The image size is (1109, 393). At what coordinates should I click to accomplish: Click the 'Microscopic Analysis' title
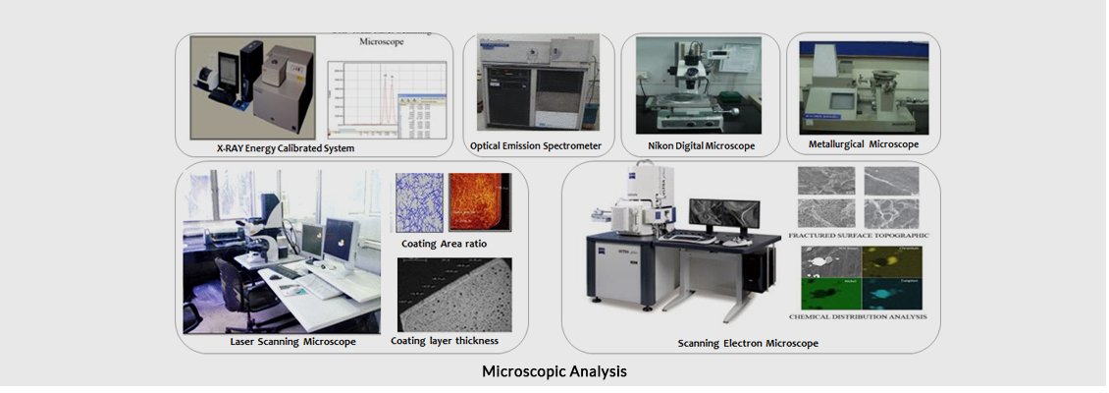pyautogui.click(x=554, y=372)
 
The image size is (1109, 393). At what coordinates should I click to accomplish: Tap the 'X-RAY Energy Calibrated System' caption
pyautogui.click(x=285, y=147)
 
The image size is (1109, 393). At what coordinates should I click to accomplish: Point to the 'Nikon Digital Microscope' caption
pyautogui.click(x=701, y=145)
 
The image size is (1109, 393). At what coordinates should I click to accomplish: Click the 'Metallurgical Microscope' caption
pyautogui.click(x=863, y=144)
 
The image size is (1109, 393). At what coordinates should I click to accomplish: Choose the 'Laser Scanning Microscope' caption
pyautogui.click(x=292, y=342)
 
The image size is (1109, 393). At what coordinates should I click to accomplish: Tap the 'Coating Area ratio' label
pyautogui.click(x=444, y=243)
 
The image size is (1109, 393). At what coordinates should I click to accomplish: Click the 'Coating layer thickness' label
pyautogui.click(x=444, y=341)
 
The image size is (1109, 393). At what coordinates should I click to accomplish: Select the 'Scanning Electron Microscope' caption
pyautogui.click(x=748, y=343)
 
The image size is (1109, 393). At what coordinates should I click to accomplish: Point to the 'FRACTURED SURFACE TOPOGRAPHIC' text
pyautogui.click(x=858, y=236)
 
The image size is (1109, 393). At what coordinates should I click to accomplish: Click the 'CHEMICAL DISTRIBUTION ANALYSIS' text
pyautogui.click(x=858, y=317)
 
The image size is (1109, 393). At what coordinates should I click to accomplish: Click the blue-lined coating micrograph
pyautogui.click(x=419, y=202)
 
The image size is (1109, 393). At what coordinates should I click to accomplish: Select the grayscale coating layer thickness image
pyautogui.click(x=454, y=294)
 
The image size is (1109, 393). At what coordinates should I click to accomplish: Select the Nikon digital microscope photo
pyautogui.click(x=701, y=86)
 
